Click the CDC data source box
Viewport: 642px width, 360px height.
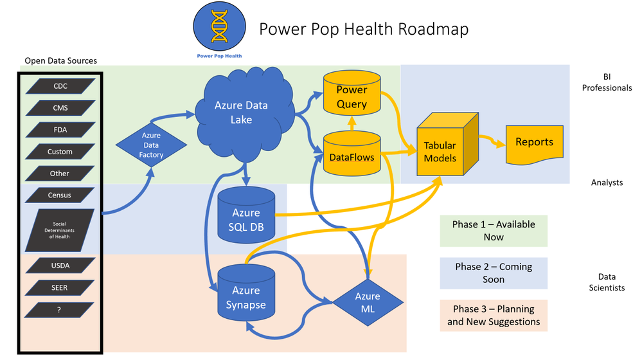point(60,86)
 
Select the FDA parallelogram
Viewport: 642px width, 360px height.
point(60,130)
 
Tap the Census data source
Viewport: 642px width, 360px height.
point(60,195)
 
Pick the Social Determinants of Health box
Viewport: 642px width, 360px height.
point(60,230)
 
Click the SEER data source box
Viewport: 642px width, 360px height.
point(60,287)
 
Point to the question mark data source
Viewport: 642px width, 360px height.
point(60,309)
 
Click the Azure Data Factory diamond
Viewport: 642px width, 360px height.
point(152,145)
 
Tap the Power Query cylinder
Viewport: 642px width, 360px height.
point(352,96)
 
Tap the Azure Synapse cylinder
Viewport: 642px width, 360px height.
point(245,292)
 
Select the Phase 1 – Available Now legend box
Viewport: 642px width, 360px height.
point(494,230)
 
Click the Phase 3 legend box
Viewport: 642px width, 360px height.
point(494,316)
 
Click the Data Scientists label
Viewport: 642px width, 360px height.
point(607,282)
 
